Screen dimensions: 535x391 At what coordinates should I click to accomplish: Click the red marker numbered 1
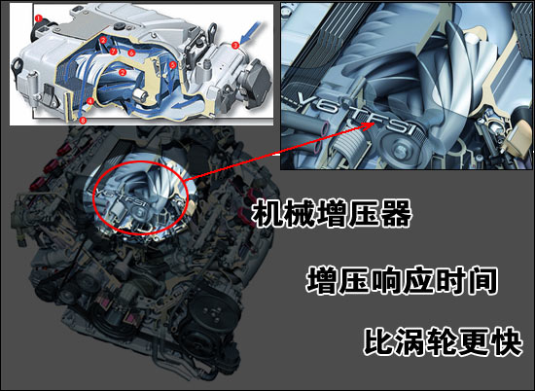(x=39, y=18)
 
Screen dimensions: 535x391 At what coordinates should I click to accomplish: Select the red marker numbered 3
(x=234, y=45)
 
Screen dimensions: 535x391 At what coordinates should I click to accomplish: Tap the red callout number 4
(x=89, y=101)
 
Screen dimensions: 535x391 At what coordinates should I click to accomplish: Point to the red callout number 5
(x=172, y=64)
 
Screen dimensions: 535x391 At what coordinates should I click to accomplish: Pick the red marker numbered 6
(x=132, y=53)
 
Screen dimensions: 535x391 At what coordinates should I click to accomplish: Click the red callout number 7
(x=114, y=52)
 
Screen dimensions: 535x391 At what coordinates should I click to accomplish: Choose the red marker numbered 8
(x=83, y=120)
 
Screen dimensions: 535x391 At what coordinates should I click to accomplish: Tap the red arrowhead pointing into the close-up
(x=370, y=125)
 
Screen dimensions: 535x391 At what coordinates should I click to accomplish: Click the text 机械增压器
(x=332, y=214)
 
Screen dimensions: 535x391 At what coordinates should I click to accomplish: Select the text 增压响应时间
(x=401, y=281)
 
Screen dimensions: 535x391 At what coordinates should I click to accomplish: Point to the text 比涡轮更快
(x=443, y=341)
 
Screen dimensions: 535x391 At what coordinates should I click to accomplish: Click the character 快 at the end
(x=508, y=341)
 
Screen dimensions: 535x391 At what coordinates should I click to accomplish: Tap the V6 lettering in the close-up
(x=315, y=102)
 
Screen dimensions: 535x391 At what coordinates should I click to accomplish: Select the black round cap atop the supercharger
(x=120, y=26)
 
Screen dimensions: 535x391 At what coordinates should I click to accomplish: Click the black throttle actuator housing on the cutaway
(x=260, y=81)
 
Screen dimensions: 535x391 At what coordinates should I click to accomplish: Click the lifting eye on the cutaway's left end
(x=18, y=66)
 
